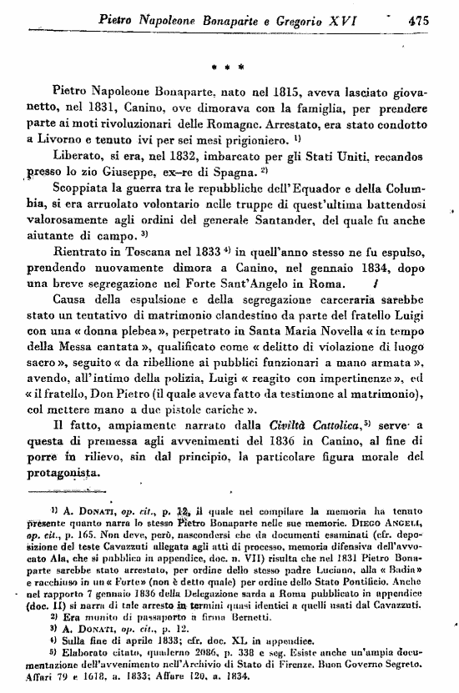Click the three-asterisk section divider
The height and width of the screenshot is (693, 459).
tap(227, 63)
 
